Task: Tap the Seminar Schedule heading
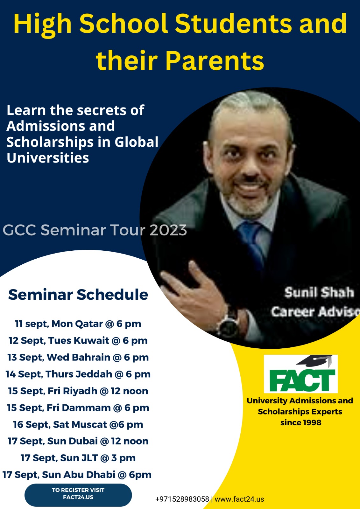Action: click(x=78, y=295)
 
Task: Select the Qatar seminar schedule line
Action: click(x=78, y=324)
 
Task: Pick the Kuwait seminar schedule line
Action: click(x=78, y=341)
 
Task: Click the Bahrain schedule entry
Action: click(x=78, y=358)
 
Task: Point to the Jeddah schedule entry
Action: click(x=78, y=374)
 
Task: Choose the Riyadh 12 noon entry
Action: click(x=78, y=391)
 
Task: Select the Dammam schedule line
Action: click(x=78, y=408)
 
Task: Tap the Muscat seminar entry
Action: click(x=78, y=424)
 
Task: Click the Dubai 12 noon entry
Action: click(x=78, y=441)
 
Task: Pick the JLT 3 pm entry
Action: click(x=78, y=458)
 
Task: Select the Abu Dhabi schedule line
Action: click(x=77, y=475)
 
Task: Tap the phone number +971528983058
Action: click(x=182, y=499)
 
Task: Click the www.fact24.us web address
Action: click(x=239, y=499)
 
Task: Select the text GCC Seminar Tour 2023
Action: click(x=95, y=230)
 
